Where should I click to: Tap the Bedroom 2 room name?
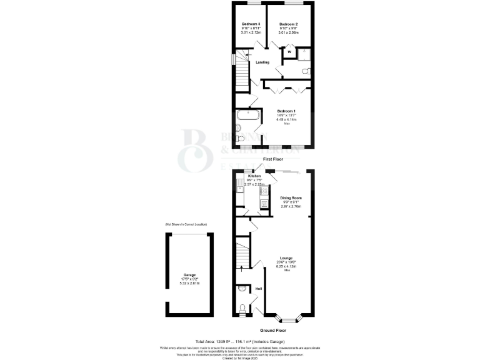pyautogui.click(x=288, y=24)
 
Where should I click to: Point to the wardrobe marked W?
pyautogui.click(x=281, y=52)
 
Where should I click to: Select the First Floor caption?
pyautogui.click(x=274, y=160)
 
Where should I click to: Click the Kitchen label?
pyautogui.click(x=255, y=177)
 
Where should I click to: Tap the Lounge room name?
pyautogui.click(x=286, y=258)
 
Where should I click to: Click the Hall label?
pyautogui.click(x=258, y=289)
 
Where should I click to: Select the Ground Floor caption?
pyautogui.click(x=273, y=330)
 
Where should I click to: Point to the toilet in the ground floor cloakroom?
pyautogui.click(x=242, y=308)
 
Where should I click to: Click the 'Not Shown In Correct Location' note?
pyautogui.click(x=186, y=224)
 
